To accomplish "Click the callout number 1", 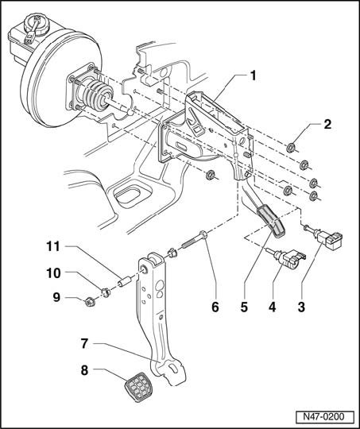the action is (253, 75).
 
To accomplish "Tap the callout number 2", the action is (327, 124).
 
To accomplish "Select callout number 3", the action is (301, 307).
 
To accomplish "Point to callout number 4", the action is (272, 307).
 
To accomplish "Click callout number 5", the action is (244, 307).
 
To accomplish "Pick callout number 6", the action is (215, 307).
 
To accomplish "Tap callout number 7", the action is (84, 344).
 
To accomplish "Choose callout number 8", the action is (84, 370).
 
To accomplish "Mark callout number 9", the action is (56, 297).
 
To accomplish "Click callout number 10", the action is (53, 272).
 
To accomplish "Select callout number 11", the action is (53, 246).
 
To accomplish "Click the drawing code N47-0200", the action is (323, 417).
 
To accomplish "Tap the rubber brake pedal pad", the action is (138, 387).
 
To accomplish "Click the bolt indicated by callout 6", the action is (195, 240).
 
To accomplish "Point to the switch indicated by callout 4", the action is (287, 259).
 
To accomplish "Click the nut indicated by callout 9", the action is (89, 303).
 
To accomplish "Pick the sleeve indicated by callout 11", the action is (126, 281).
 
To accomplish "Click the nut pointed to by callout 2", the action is (291, 148).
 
